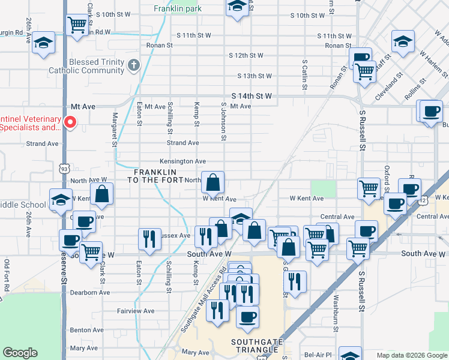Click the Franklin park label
coord(177,9)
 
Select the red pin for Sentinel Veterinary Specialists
coord(70,122)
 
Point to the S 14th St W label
coord(252,96)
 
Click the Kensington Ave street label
coord(182,161)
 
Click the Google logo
coord(20,353)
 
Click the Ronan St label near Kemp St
coord(160,45)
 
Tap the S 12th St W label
coord(246,56)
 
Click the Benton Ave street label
coord(87,330)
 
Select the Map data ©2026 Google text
coord(411,355)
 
